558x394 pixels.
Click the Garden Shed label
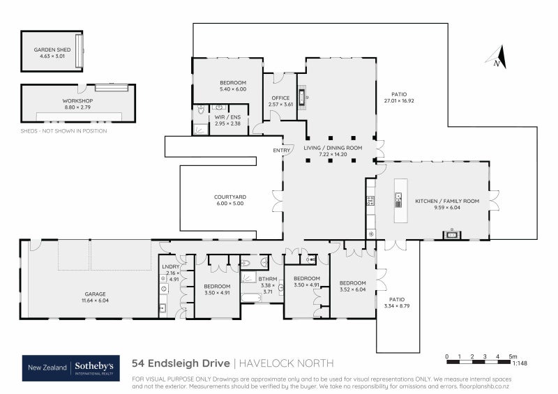50,50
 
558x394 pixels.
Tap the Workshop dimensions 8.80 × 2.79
77,107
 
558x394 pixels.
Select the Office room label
280,98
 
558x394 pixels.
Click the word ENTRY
282,150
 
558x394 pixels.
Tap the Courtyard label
229,197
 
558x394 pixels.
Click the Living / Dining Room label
333,148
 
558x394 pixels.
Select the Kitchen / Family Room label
447,201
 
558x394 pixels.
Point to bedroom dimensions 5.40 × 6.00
233,89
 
